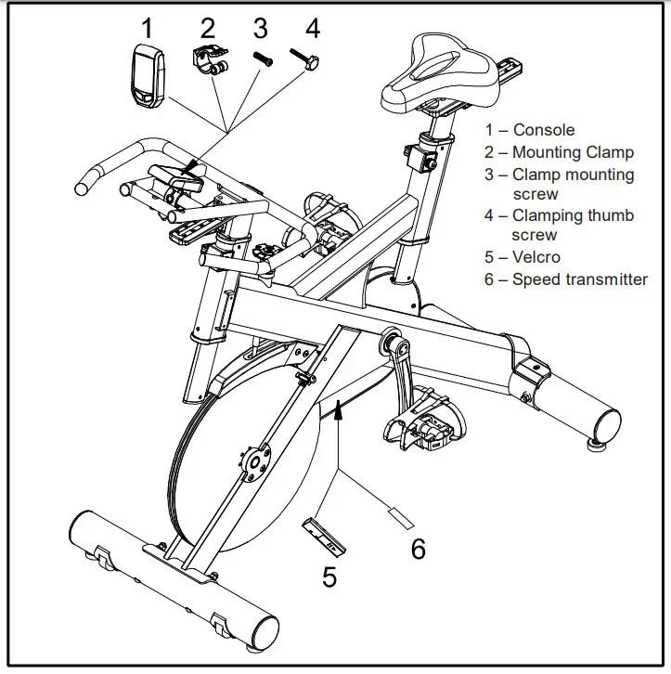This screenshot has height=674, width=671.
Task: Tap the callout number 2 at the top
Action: coord(208,27)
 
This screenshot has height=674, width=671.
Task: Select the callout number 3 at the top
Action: coord(261,27)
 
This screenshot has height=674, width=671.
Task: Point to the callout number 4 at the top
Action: coord(313,27)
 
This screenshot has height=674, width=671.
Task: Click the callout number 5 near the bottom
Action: coord(329,577)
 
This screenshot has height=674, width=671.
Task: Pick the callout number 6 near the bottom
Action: coord(419,549)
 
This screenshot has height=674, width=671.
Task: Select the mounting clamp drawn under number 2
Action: coord(210,61)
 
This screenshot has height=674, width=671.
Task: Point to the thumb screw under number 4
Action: coord(307,59)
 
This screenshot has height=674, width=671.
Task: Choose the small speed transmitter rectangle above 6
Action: coord(396,512)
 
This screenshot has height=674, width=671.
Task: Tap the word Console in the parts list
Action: coord(543,131)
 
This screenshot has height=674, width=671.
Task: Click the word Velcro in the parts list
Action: coord(536,257)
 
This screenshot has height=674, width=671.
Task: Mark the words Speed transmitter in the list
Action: coord(579,279)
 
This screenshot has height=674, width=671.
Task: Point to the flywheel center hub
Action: coord(253,461)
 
